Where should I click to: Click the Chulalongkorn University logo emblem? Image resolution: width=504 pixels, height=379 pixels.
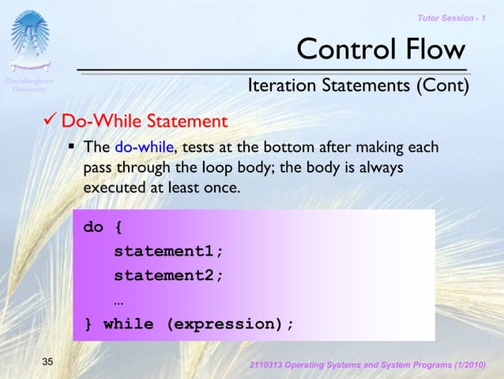point(29,40)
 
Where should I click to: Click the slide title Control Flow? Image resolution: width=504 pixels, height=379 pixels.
point(380,50)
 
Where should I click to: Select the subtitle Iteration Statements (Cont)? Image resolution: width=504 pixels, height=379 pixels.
point(359,85)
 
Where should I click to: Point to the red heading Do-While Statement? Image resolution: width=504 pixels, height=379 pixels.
point(145,122)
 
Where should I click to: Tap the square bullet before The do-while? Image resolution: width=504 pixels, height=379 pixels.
point(72,147)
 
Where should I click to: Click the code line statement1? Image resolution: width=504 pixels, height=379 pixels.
point(168,252)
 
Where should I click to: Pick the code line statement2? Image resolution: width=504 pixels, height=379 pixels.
point(168,276)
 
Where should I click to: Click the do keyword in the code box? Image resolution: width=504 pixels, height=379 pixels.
point(93,228)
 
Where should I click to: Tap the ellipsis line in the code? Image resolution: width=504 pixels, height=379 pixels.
point(118,301)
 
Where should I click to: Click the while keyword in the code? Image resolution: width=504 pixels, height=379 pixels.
point(128,324)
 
